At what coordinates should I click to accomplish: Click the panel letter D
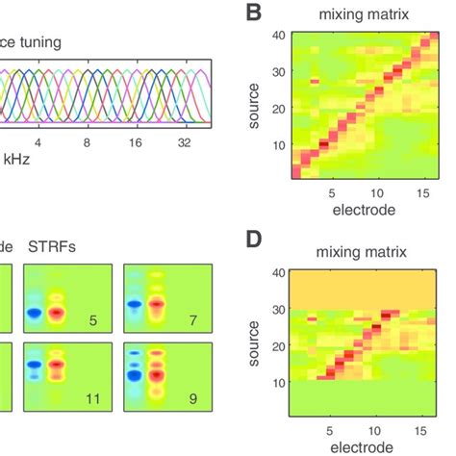click(255, 237)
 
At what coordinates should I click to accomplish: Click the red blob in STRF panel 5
click(60, 313)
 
